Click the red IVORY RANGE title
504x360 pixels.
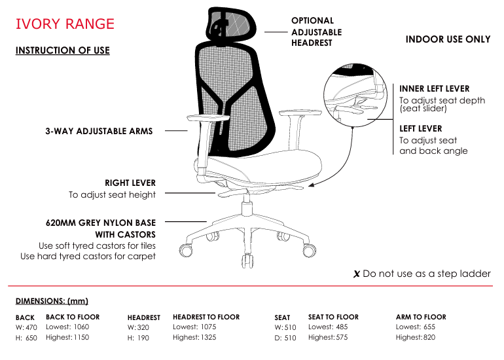[x=65, y=24]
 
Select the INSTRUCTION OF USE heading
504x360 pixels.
[x=63, y=50]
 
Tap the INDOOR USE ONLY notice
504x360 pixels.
[x=448, y=39]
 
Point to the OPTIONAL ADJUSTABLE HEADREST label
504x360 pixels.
[x=316, y=31]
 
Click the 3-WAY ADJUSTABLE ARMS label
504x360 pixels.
[x=99, y=131]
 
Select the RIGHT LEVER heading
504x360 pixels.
[x=130, y=183]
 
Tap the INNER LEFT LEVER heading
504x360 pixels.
[x=434, y=89]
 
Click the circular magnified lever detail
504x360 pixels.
[x=355, y=95]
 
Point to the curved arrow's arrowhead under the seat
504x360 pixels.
[x=311, y=185]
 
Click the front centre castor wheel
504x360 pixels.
[x=247, y=261]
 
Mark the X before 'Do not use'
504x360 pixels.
[x=357, y=274]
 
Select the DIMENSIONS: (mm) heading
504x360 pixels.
[x=52, y=301]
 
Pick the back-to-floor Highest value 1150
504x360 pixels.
[x=81, y=337]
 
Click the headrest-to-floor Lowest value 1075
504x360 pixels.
[x=208, y=327]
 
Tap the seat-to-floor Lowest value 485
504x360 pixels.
[x=342, y=327]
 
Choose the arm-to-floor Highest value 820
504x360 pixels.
[x=429, y=337]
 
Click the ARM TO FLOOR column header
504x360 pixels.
[x=421, y=317]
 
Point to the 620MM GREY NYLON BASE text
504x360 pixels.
[x=101, y=223]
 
